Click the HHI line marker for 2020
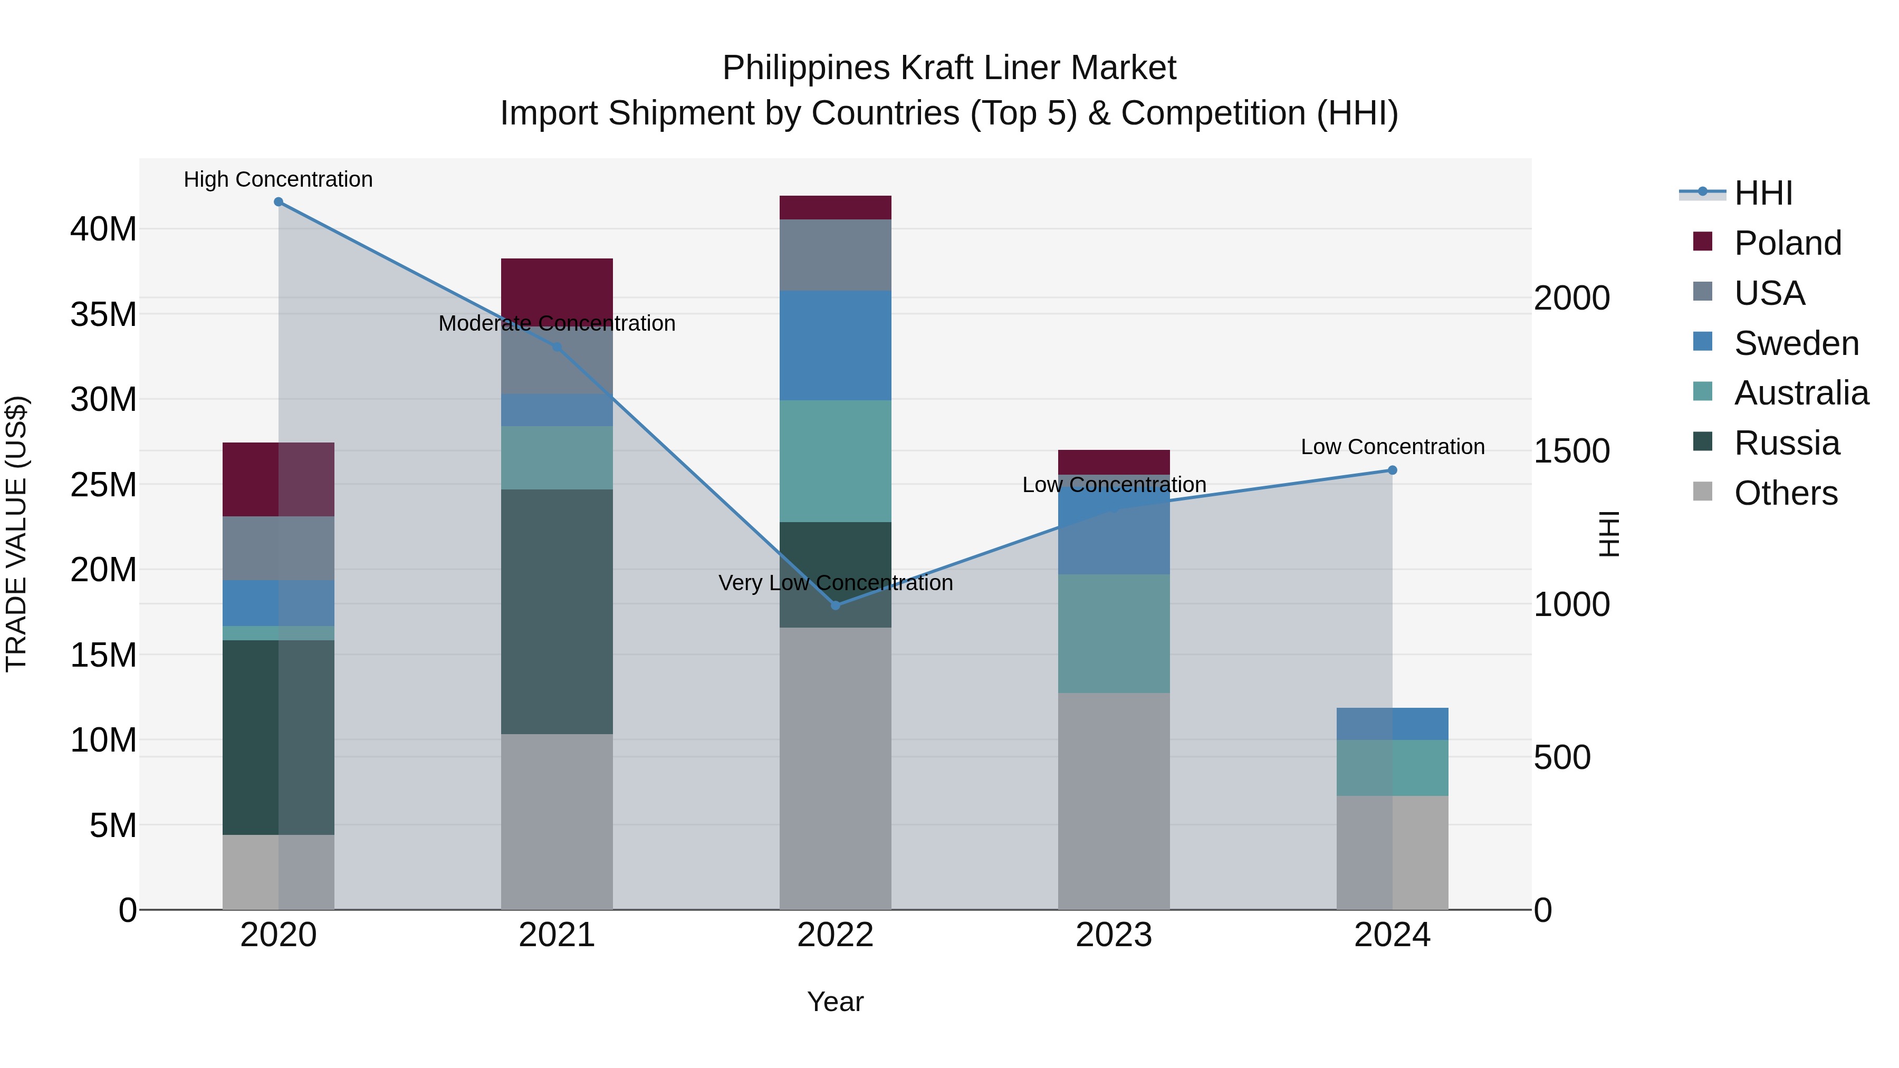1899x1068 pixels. (278, 202)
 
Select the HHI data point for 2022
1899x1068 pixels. (835, 605)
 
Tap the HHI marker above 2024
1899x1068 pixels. (1392, 470)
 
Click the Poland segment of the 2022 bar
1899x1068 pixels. (835, 207)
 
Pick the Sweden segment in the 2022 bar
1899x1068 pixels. (835, 345)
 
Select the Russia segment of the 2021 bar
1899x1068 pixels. (557, 611)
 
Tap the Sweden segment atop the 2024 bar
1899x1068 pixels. (1392, 723)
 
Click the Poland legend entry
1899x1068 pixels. (1787, 243)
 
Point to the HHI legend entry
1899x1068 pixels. (1762, 193)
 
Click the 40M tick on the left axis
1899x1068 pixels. (103, 229)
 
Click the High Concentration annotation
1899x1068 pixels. (278, 179)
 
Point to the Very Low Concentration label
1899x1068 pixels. (835, 583)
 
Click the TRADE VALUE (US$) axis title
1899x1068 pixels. (16, 534)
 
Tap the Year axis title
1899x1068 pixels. (835, 1002)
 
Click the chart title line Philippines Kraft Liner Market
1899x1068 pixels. (949, 68)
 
